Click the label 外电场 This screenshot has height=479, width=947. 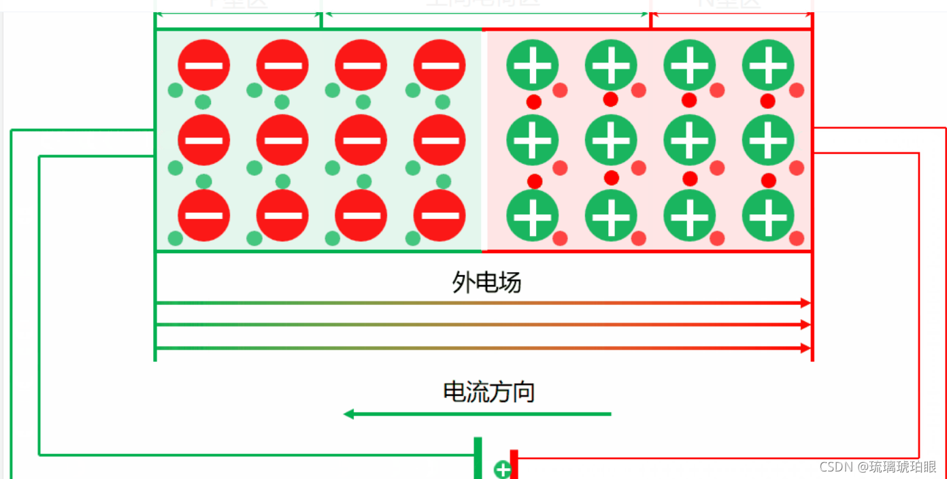[x=486, y=282]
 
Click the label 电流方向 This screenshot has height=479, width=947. [x=488, y=392]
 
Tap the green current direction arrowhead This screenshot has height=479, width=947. [x=349, y=414]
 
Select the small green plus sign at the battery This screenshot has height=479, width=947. [x=502, y=469]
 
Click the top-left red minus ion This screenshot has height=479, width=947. [x=204, y=65]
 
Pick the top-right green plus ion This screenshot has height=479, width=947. [x=768, y=65]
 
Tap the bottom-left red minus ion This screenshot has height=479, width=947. [x=204, y=215]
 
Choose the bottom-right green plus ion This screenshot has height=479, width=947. [x=768, y=215]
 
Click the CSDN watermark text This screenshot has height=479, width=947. [x=878, y=467]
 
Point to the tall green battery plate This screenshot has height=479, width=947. [x=478, y=457]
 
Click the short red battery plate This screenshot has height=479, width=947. [x=514, y=464]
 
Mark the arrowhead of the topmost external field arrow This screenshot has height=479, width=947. [x=806, y=303]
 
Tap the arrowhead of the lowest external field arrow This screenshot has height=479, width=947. [x=806, y=348]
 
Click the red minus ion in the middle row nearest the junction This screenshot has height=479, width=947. [x=439, y=140]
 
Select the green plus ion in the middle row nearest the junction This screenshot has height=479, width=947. [x=533, y=140]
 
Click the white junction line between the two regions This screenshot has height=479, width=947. [x=483, y=140]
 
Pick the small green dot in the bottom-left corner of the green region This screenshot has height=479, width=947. [x=176, y=238]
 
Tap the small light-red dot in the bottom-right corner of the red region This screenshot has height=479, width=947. [x=797, y=238]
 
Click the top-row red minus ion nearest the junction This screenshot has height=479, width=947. [x=439, y=65]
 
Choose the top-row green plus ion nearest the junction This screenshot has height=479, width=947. [x=533, y=65]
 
